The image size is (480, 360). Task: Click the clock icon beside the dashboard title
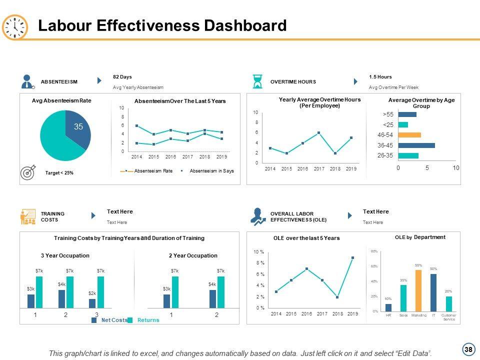click(15, 27)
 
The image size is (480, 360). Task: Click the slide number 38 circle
click(468, 349)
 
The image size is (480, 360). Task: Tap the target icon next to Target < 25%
click(28, 172)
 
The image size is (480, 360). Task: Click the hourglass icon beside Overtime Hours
click(257, 81)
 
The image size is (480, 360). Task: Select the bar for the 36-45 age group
click(416, 145)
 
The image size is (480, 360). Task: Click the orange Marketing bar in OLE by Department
click(418, 290)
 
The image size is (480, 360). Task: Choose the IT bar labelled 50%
click(433, 292)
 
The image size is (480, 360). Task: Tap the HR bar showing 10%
click(388, 307)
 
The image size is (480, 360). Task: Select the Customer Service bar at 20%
click(449, 303)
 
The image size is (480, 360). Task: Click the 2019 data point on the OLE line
click(352, 258)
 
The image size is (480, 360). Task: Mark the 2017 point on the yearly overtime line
click(318, 132)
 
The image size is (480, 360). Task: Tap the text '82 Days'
click(122, 76)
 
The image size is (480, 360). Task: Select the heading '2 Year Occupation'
click(193, 255)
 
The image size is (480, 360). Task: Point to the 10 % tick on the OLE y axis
click(259, 251)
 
